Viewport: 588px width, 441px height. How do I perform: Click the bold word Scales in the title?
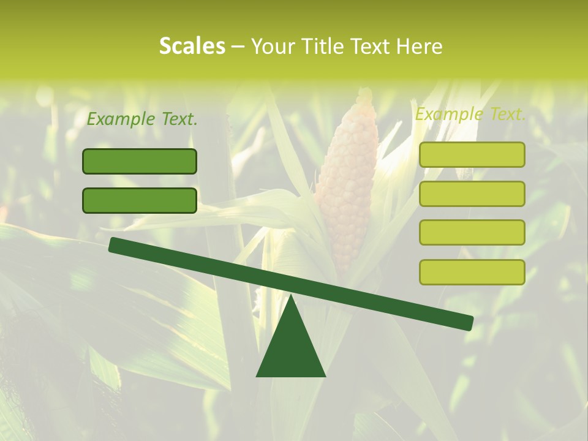tap(192, 47)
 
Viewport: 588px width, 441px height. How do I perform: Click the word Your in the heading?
tap(271, 47)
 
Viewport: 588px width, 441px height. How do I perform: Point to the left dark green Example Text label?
tap(142, 119)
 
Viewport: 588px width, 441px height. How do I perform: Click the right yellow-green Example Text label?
tap(470, 114)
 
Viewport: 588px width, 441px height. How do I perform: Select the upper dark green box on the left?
tap(140, 161)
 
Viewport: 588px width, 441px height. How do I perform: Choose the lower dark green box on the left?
tap(140, 200)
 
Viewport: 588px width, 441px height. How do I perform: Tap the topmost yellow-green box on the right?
tap(472, 154)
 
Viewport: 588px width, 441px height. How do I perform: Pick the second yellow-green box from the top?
tap(472, 194)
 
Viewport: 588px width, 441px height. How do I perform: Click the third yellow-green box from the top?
tap(472, 233)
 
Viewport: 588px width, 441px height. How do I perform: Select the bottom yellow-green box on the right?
tap(472, 272)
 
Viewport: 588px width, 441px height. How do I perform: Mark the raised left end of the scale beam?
tap(114, 244)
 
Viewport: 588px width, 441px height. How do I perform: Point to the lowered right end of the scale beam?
tap(468, 323)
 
